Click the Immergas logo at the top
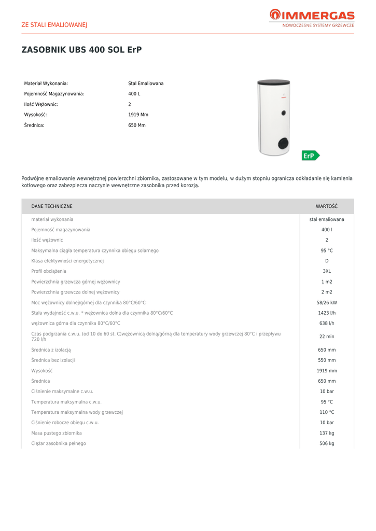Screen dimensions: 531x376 [x=312, y=18]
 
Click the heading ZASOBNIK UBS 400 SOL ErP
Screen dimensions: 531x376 [x=81, y=50]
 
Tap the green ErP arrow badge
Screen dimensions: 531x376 [x=311, y=156]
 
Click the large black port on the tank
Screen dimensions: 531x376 [x=283, y=143]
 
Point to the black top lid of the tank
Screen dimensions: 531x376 [x=273, y=82]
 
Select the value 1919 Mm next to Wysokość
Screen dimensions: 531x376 [x=138, y=115]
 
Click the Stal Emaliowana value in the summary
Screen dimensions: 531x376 [x=146, y=83]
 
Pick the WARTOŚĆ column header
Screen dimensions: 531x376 [x=327, y=206]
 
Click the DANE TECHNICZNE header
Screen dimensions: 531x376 [x=52, y=206]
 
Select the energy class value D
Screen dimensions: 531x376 [x=327, y=261]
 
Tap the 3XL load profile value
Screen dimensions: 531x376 [x=327, y=271]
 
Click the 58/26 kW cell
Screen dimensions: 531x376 [x=327, y=302]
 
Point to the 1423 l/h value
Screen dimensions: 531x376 [x=327, y=313]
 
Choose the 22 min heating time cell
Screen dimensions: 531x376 [x=327, y=337]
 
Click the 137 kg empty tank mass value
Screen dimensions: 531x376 [x=327, y=433]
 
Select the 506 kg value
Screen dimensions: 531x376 [x=327, y=443]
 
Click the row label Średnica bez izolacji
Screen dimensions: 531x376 [x=53, y=360]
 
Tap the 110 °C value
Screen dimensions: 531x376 [x=327, y=412]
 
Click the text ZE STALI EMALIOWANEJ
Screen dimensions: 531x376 [x=54, y=24]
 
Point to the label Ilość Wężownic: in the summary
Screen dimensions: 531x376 [x=41, y=104]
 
